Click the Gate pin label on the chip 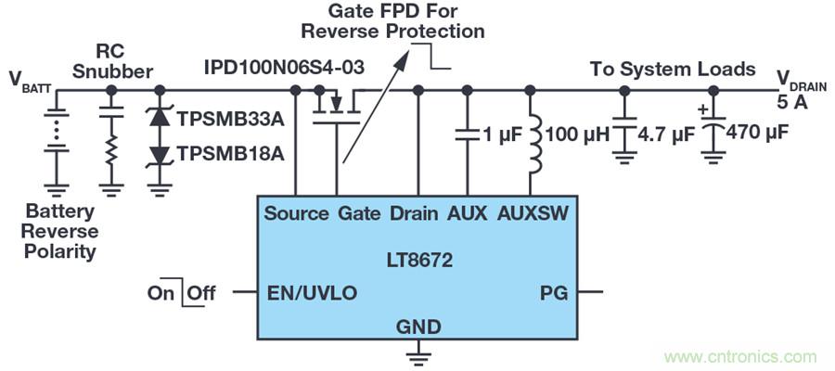click(360, 213)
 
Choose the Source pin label click(296, 213)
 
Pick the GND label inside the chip click(417, 326)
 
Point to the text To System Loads click(673, 69)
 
